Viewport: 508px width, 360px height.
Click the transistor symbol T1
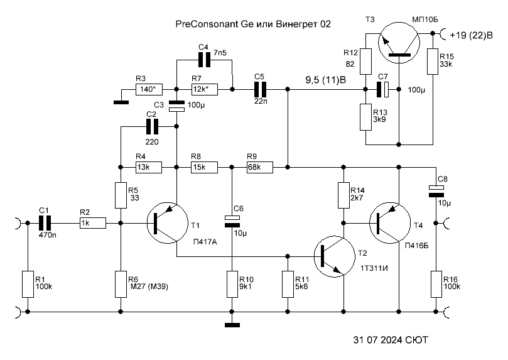point(167,223)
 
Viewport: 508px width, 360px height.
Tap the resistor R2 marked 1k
point(93,223)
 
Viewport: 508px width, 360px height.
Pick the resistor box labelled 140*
point(149,89)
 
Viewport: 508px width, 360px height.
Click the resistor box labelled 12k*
point(204,89)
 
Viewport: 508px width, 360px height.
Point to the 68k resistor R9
point(260,168)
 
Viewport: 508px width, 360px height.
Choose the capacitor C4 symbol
point(204,60)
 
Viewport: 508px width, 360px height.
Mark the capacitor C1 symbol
point(45,223)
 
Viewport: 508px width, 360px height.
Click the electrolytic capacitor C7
point(382,89)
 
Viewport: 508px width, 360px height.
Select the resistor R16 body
point(436,284)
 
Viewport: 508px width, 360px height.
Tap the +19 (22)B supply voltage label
point(471,35)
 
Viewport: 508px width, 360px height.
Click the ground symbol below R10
point(232,325)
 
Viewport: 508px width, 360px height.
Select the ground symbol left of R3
point(121,102)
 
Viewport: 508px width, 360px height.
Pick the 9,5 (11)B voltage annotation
point(325,80)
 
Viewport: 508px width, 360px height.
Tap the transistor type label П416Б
point(416,246)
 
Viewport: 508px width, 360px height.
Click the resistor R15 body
point(433,61)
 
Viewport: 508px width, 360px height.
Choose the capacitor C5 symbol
point(260,89)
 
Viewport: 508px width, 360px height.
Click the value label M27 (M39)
point(148,286)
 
